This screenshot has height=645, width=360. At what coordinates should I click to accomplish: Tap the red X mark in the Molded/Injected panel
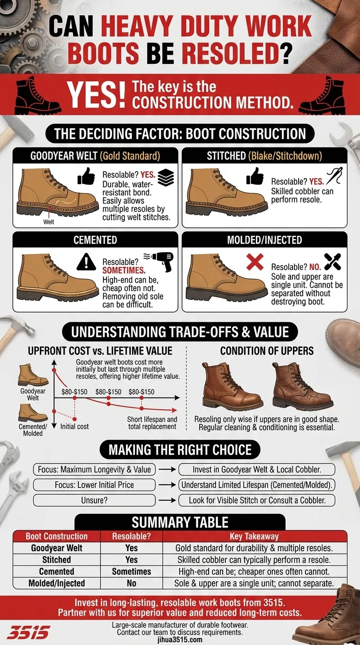pos(255,262)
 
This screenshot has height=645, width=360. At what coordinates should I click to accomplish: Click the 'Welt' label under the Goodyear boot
pos(49,222)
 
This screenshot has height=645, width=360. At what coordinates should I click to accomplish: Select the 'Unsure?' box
pos(94,500)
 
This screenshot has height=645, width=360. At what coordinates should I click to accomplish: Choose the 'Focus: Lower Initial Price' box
pos(94,485)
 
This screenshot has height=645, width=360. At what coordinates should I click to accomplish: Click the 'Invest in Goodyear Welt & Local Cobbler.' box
pos(257,469)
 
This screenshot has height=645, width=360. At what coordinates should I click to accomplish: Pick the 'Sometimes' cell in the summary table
pos(131,571)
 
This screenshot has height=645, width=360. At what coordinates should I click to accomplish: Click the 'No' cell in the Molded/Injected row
pos(131,583)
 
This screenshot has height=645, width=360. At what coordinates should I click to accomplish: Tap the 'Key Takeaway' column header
pos(254,536)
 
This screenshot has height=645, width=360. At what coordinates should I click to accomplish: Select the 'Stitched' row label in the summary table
pos(57,560)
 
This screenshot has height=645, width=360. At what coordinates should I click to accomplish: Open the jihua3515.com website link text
pos(180,639)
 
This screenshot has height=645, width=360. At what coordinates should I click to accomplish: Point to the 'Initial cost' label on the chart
pos(75,427)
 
